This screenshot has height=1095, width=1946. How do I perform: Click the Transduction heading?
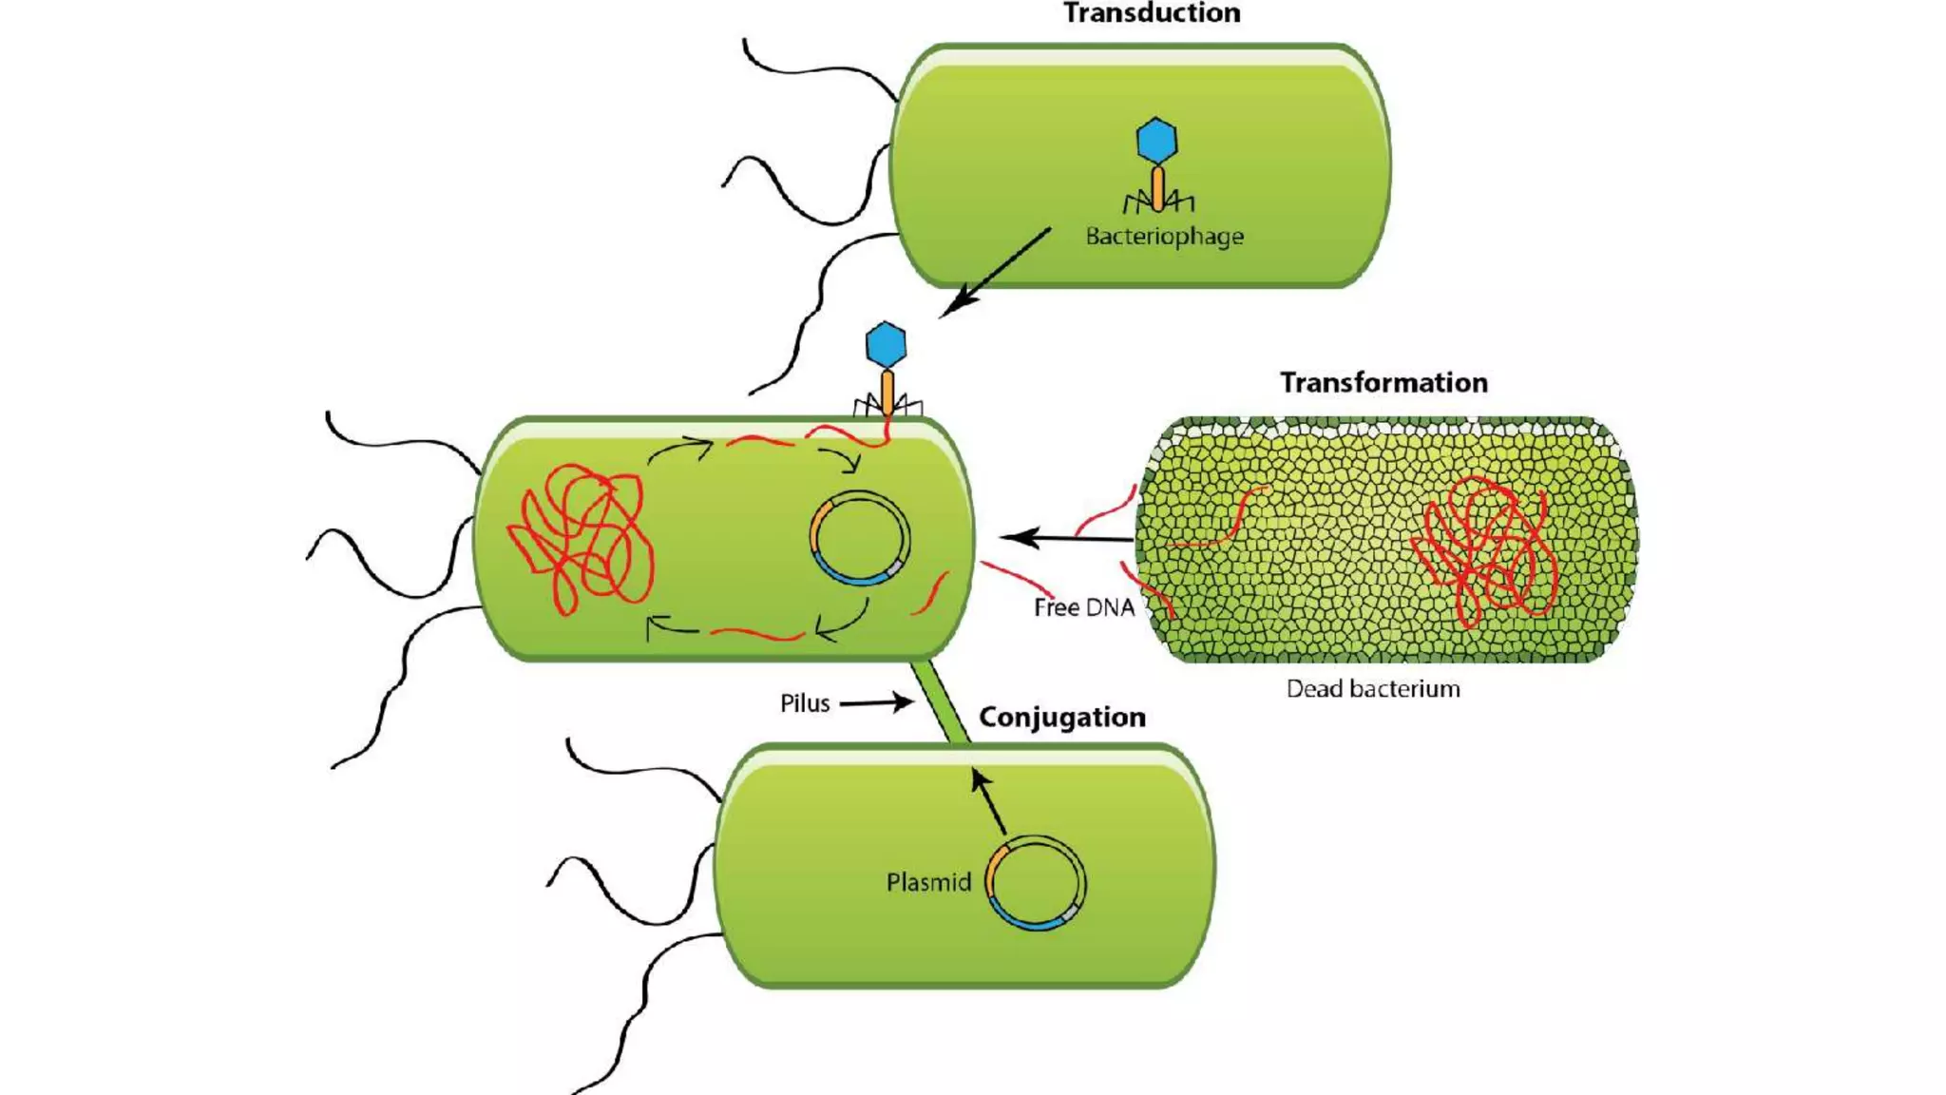coord(1151,13)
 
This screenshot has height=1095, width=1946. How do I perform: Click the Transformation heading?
coord(1383,382)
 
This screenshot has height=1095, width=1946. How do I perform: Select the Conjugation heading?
coord(1061,717)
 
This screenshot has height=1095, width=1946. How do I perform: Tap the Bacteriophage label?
coord(1164,236)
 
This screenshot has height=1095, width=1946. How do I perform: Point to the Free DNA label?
coord(1083,607)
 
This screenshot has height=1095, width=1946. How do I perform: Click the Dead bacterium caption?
coord(1372,688)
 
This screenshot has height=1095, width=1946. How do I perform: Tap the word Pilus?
coord(804,703)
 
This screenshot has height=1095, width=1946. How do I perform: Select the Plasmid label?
coord(927,882)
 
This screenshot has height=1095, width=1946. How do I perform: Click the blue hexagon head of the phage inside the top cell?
coord(1156,141)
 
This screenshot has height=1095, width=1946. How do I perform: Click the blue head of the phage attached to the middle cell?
coord(886,344)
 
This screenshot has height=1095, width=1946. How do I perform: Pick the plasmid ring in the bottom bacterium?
coord(1037,882)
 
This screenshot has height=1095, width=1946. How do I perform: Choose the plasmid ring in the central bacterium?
coord(860,538)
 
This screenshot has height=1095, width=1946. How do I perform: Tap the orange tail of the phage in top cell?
coord(1157,187)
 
